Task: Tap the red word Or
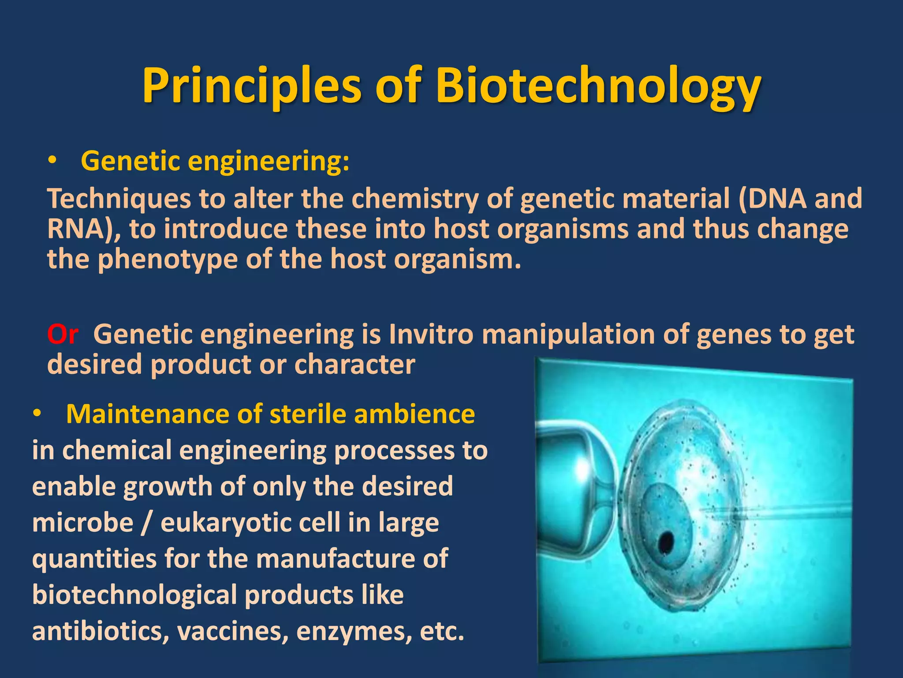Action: tap(63, 335)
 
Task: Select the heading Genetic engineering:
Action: tap(215, 161)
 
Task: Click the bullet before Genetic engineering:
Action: tap(52, 162)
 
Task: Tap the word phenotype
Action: tap(168, 259)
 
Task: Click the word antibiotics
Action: tap(101, 632)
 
